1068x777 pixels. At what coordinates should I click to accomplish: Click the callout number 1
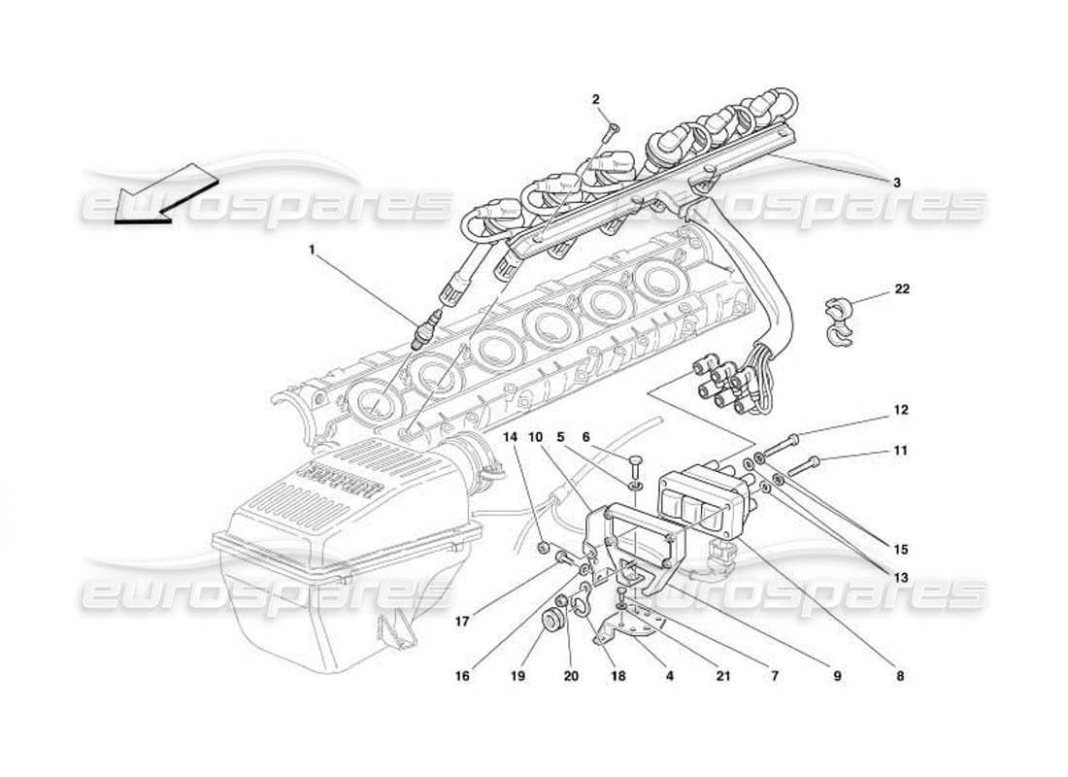pyautogui.click(x=313, y=250)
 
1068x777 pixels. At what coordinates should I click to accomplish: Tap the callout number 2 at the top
pyautogui.click(x=595, y=99)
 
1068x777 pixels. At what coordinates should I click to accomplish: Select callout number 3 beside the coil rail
pyautogui.click(x=897, y=182)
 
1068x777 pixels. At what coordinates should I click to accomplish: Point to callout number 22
pyautogui.click(x=903, y=289)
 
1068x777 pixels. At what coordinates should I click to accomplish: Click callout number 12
pyautogui.click(x=901, y=411)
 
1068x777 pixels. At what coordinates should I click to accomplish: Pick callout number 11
pyautogui.click(x=901, y=451)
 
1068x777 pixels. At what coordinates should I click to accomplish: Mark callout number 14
pyautogui.click(x=512, y=437)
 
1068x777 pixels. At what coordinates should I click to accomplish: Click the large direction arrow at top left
pyautogui.click(x=160, y=194)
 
